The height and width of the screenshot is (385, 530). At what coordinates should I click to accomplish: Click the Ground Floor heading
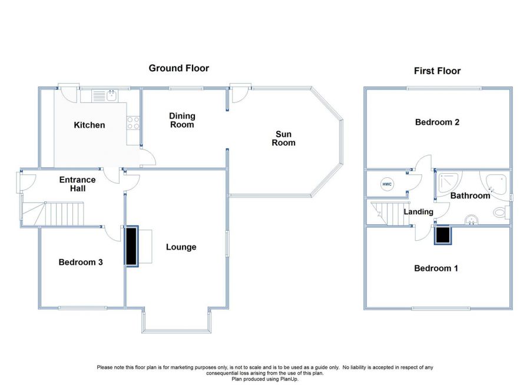tap(178, 68)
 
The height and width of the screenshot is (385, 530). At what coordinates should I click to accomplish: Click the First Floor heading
tap(437, 71)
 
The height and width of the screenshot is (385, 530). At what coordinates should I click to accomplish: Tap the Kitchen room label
tap(90, 125)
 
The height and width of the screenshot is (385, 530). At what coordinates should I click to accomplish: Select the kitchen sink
tap(106, 95)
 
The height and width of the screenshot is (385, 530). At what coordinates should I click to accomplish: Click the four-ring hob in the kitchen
tap(133, 124)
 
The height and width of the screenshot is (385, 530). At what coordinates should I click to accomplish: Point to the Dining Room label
tap(182, 120)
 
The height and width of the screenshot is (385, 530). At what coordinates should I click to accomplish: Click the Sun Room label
tap(283, 138)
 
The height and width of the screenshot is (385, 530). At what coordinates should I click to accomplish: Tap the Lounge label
tap(181, 247)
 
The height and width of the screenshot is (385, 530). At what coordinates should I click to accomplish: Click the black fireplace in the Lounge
tap(131, 246)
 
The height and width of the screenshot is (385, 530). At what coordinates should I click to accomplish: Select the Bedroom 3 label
tap(81, 262)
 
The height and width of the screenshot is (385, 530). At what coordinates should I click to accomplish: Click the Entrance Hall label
tap(77, 184)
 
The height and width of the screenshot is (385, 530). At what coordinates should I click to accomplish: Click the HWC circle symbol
tap(387, 184)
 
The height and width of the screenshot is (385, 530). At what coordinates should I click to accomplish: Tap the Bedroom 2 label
tap(437, 122)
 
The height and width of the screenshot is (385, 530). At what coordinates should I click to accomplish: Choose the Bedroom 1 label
tap(436, 268)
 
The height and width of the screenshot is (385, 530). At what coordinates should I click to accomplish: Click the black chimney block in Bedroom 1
tap(443, 235)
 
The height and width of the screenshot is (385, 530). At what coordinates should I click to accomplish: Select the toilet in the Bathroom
tap(501, 213)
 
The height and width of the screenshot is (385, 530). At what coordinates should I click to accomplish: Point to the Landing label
tap(418, 212)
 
